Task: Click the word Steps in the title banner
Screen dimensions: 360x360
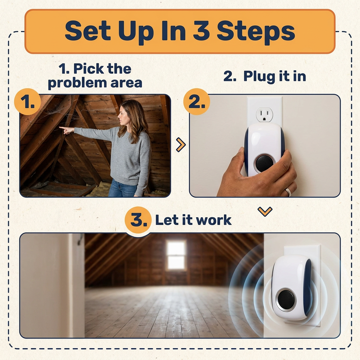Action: point(256,32)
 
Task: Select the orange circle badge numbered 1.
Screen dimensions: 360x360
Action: point(27,102)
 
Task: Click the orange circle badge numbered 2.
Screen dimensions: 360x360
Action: point(197,102)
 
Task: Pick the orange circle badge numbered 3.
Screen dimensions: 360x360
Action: point(138,220)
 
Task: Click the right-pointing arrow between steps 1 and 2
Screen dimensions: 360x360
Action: point(181,144)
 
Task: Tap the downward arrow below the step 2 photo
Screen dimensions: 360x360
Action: point(265,211)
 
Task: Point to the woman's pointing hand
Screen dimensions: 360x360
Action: point(66,130)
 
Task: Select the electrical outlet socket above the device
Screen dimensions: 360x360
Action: point(264,114)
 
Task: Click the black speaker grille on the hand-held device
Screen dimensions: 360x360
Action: point(264,163)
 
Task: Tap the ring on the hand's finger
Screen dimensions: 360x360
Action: point(288,192)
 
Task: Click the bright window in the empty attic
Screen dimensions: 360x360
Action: point(176,255)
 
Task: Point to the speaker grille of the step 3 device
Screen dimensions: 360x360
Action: point(286,300)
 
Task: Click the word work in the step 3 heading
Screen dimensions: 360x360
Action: point(213,220)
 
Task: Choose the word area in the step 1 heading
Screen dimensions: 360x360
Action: point(127,83)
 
